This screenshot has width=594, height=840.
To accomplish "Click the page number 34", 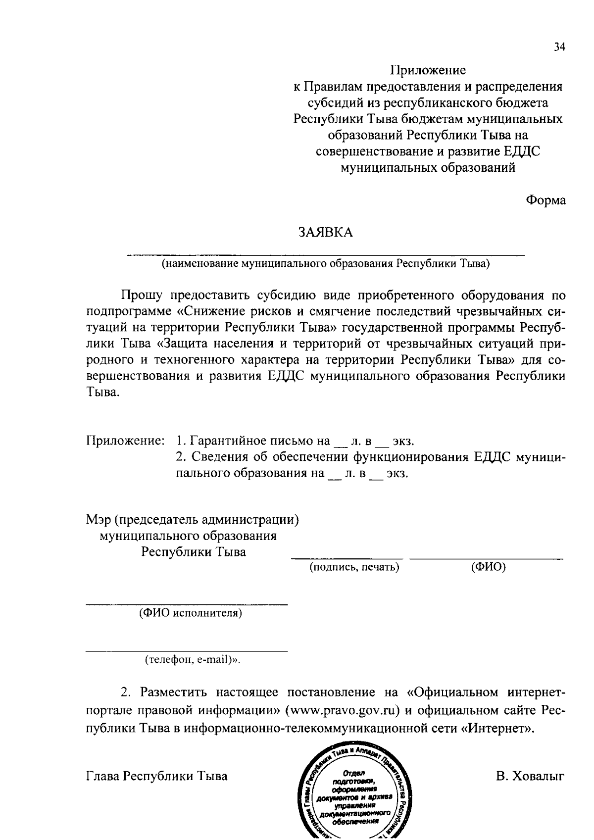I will (559, 48).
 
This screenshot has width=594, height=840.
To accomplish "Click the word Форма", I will (545, 201).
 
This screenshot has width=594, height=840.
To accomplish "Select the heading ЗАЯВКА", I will (325, 233).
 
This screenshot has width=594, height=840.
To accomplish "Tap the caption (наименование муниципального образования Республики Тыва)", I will (325, 263).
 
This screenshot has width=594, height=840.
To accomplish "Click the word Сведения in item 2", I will (217, 456).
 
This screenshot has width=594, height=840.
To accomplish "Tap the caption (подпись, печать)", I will (354, 567).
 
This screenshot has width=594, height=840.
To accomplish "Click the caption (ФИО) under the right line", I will (488, 567).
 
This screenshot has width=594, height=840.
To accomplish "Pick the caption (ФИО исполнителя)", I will (191, 614).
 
